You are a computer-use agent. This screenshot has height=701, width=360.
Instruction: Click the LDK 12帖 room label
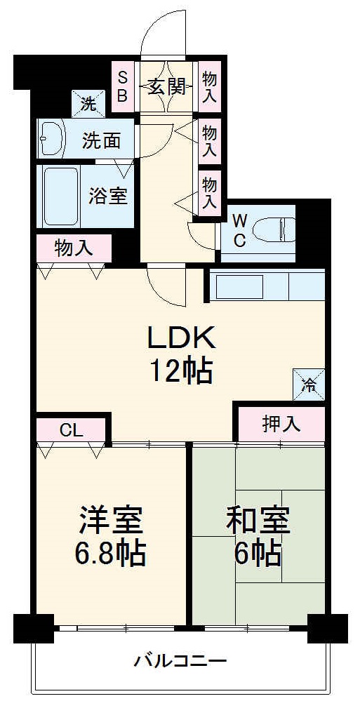coord(179,354)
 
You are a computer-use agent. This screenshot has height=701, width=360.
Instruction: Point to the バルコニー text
coord(180,660)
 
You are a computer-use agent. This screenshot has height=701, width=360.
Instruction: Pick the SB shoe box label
coord(122,86)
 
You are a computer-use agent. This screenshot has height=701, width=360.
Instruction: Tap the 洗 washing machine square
coord(88,105)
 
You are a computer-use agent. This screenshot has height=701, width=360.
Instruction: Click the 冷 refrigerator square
coord(309,385)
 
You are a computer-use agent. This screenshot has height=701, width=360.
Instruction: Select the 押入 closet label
coord(281,424)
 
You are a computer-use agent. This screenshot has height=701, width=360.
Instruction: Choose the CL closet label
coord(72,430)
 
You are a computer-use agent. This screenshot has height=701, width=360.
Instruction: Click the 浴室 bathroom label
coord(108,196)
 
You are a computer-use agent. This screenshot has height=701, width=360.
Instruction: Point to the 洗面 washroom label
coord(101,140)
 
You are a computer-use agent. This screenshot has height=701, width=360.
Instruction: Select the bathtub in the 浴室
coord(60,196)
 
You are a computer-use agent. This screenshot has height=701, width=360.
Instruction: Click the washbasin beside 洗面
coord(51,138)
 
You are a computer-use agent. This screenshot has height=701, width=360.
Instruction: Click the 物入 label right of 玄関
coord(209,86)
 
